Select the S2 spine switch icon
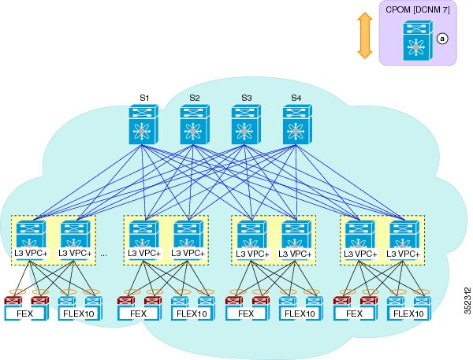(x=195, y=124)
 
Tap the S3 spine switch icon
(x=246, y=124)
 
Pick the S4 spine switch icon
(x=297, y=124)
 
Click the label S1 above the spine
(x=144, y=98)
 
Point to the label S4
(x=296, y=98)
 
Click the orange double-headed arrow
(x=365, y=35)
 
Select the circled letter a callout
(x=442, y=39)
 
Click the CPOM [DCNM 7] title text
(x=418, y=10)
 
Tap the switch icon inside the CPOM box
(x=418, y=40)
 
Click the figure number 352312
(x=467, y=301)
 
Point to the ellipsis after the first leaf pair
(x=103, y=254)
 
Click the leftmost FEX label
(x=24, y=314)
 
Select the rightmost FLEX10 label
(x=408, y=314)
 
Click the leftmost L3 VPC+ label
(x=31, y=254)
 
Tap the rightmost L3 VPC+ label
(x=403, y=254)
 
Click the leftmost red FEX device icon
(x=13, y=301)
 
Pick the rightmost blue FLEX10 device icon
(x=423, y=301)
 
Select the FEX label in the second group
(x=138, y=314)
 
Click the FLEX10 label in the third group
(x=300, y=314)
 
